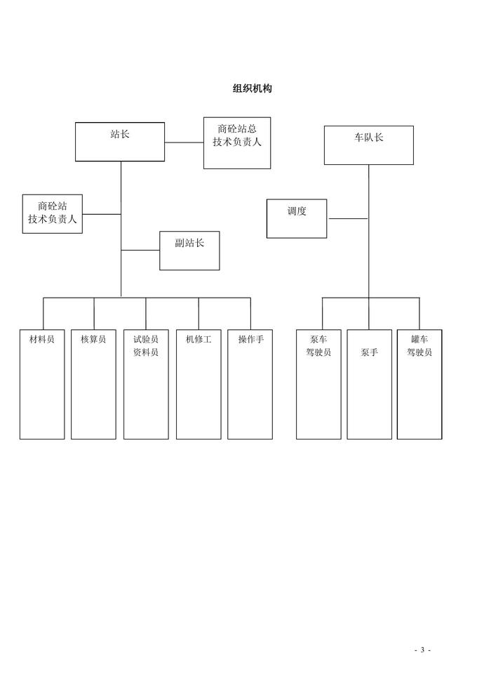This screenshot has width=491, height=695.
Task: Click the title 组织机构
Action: [252, 88]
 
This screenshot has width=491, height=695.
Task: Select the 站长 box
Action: [120, 141]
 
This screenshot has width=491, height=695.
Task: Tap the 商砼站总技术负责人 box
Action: [237, 143]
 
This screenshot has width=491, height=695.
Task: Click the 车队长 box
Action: [368, 145]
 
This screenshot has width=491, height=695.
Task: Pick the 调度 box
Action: [297, 218]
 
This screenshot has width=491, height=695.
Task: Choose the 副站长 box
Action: [189, 250]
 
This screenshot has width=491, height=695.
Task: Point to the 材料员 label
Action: [42, 339]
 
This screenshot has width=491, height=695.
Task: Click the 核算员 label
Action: [93, 339]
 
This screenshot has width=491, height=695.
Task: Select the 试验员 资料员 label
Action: [146, 345]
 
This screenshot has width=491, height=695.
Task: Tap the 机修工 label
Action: [199, 339]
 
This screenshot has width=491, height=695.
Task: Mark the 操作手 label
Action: [250, 339]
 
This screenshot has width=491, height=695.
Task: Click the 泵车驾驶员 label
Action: [318, 345]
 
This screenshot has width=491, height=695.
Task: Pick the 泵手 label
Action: [370, 352]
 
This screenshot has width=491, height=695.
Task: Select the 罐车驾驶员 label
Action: [419, 345]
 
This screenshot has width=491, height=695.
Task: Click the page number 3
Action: [422, 649]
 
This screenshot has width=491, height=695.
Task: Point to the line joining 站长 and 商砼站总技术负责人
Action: [184, 143]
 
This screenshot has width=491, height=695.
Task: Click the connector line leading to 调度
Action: [348, 218]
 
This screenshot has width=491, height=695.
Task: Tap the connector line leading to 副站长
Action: [140, 250]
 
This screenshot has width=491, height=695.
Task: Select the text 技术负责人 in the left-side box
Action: [53, 219]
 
